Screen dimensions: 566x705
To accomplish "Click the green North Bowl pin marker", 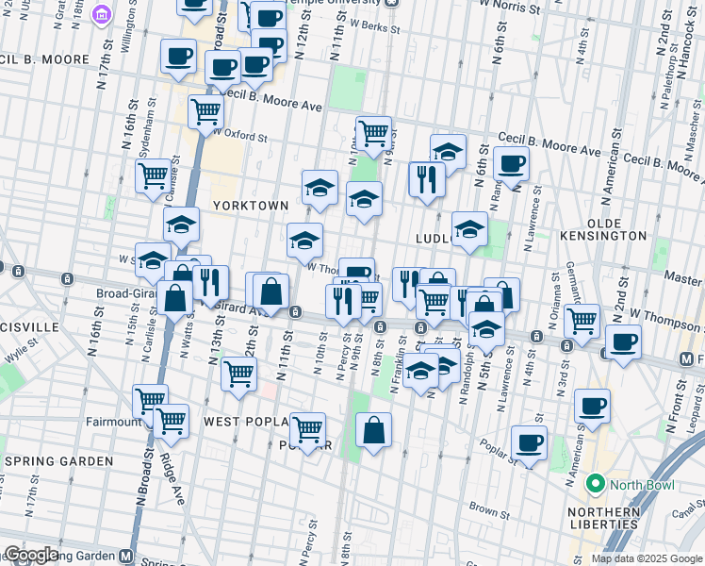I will pos(595,485).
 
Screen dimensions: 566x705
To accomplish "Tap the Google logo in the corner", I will pos(31,555).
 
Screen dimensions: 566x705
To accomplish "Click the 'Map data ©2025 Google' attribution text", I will pos(646,558).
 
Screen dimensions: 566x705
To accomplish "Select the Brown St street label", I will pos(489,509).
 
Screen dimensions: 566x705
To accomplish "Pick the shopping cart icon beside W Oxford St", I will pos(205,112).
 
